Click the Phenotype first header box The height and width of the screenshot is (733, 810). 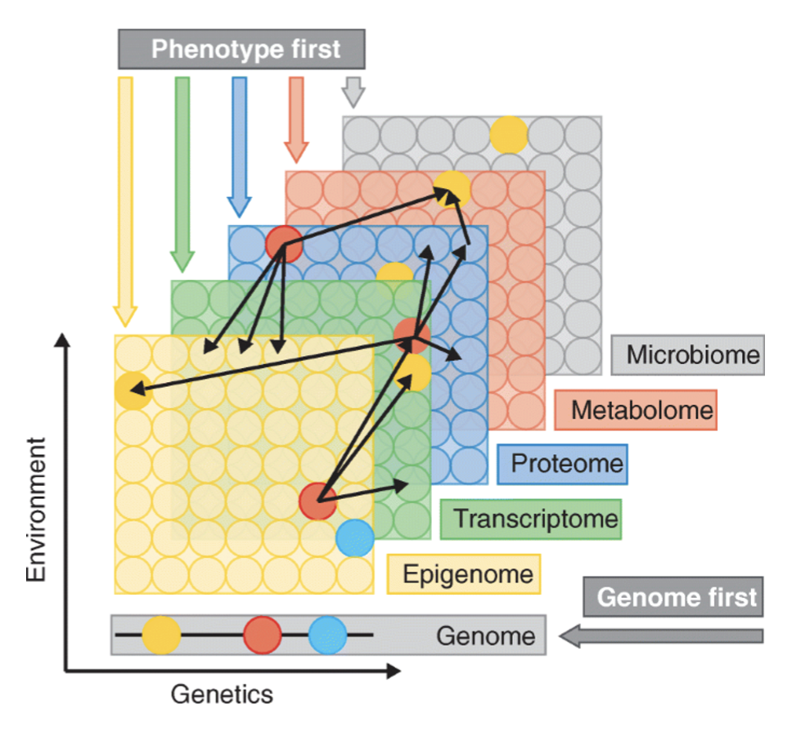241,49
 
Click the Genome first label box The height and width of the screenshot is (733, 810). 673,596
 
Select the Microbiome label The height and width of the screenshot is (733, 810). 687,355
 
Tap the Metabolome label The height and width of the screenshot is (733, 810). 635,410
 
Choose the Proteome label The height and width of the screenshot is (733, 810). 562,464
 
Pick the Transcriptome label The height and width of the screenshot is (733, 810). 530,519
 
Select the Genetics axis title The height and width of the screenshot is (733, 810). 221,695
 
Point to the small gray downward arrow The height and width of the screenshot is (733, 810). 353,92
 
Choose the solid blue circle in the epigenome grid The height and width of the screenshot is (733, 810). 354,537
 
